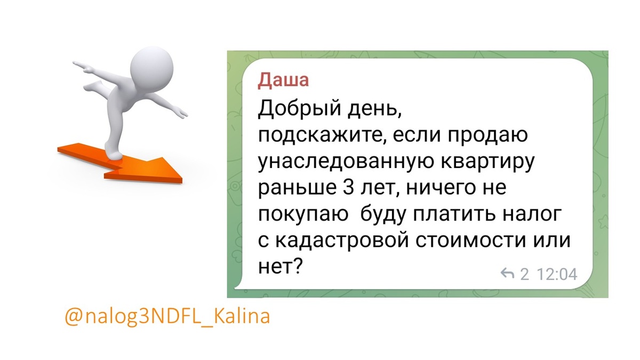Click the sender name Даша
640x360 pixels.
click(283, 81)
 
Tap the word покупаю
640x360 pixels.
click(300, 214)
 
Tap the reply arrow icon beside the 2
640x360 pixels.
click(507, 275)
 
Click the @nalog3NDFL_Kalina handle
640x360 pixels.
click(167, 316)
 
